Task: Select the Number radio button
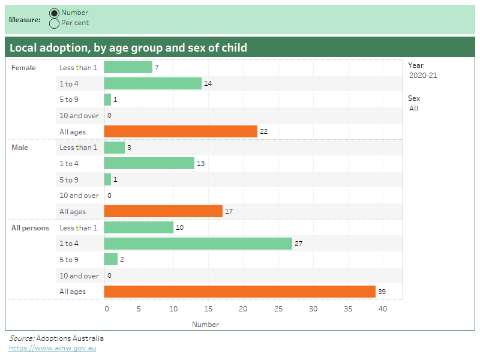(x=55, y=13)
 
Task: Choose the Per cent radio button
(x=55, y=23)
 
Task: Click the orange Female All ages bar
(x=181, y=131)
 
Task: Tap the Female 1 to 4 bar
(x=152, y=83)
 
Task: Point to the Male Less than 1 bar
(x=115, y=148)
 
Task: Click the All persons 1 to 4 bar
(x=198, y=244)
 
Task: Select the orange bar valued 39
(x=239, y=292)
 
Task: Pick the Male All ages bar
(x=163, y=211)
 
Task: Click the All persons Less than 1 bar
(x=139, y=227)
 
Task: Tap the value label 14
(x=208, y=83)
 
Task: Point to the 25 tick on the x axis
(x=278, y=309)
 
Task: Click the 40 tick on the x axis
(x=383, y=309)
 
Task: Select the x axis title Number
(x=205, y=325)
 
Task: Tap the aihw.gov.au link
(x=52, y=348)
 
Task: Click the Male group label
(x=20, y=148)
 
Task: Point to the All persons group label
(x=30, y=228)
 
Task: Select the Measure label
(x=25, y=20)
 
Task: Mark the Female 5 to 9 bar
(x=107, y=100)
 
